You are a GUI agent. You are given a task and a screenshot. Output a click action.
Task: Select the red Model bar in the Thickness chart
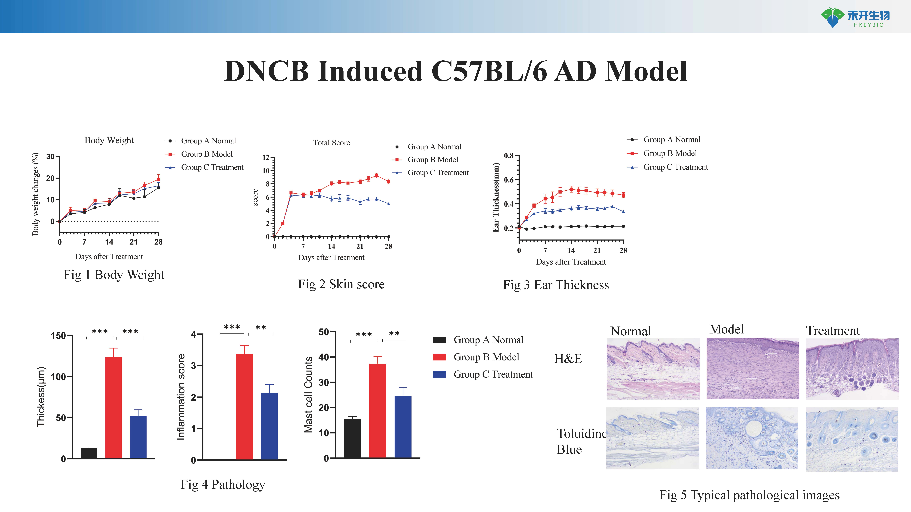[x=114, y=408]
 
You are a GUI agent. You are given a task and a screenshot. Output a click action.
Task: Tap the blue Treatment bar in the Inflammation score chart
[x=270, y=426]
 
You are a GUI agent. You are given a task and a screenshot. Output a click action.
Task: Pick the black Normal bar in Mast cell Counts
[x=353, y=438]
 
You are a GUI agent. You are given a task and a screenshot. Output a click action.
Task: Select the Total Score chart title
[x=331, y=143]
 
